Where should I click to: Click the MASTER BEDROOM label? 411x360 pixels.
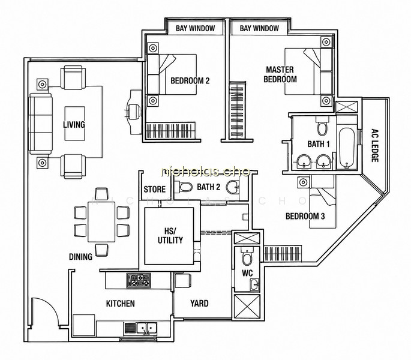click(280, 74)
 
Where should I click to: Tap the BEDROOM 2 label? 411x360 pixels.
click(190, 81)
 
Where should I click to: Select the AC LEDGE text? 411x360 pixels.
click(375, 145)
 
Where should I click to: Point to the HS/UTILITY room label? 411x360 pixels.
click(170, 236)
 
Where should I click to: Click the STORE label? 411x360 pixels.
click(155, 190)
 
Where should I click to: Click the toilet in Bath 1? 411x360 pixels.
click(322, 127)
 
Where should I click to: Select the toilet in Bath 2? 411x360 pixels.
click(183, 187)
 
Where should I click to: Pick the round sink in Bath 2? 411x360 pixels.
click(233, 187)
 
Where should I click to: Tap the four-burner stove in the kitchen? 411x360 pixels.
click(139, 281)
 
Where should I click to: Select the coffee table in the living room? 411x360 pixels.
click(75, 124)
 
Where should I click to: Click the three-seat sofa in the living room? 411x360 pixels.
click(41, 124)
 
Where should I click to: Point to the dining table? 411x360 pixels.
click(101, 221)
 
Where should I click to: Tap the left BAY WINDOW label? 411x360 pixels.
click(195, 28)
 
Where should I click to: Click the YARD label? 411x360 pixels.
click(199, 304)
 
